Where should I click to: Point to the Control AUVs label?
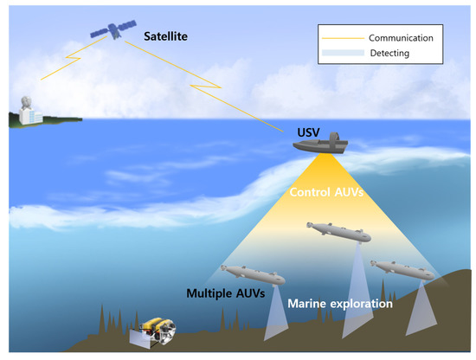tap(325, 193)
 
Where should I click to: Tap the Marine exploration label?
tap(339, 304)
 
